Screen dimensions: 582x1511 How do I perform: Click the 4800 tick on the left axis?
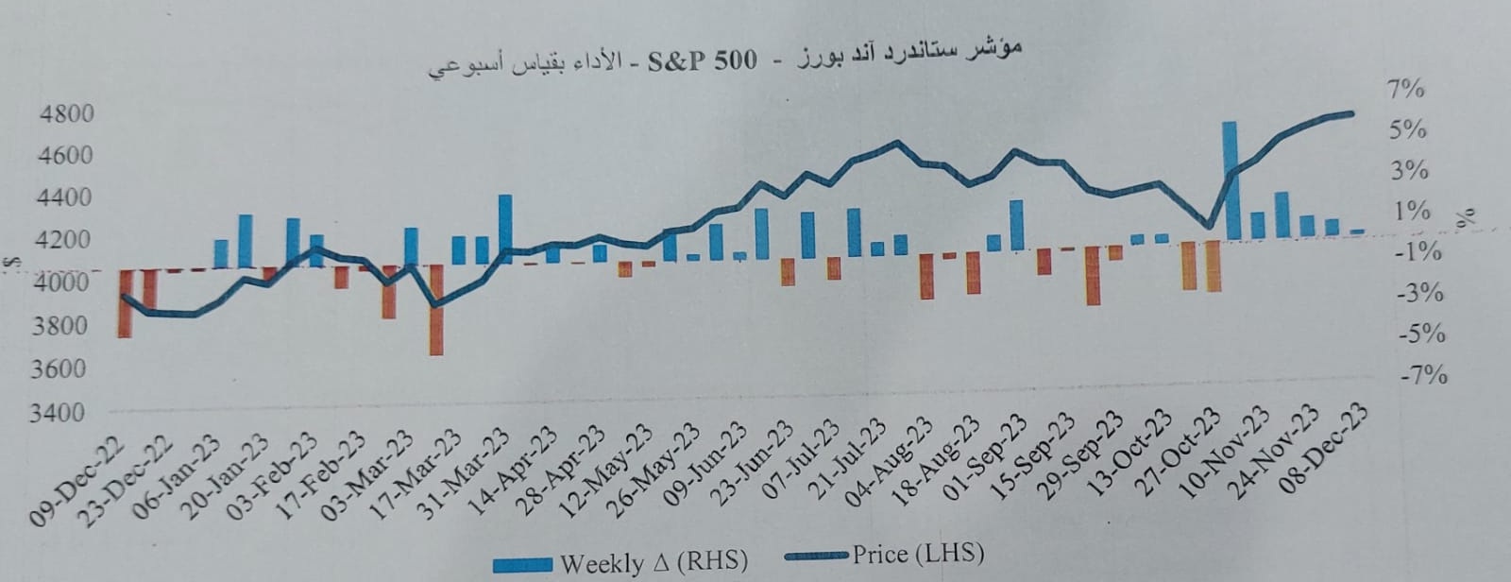pyautogui.click(x=69, y=114)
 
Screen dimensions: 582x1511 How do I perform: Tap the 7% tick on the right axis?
pyautogui.click(x=1405, y=90)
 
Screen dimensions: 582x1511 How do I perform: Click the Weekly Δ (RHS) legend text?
pyautogui.click(x=654, y=563)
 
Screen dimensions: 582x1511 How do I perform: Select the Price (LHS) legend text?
pyautogui.click(x=917, y=553)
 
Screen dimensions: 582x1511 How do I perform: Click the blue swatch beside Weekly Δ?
pyautogui.click(x=522, y=565)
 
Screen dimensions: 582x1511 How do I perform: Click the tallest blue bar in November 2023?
pyautogui.click(x=1229, y=180)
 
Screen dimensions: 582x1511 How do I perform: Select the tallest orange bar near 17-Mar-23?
pyautogui.click(x=435, y=310)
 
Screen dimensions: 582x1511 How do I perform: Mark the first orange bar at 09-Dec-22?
pyautogui.click(x=125, y=302)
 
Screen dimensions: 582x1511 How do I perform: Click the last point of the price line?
pyautogui.click(x=1351, y=113)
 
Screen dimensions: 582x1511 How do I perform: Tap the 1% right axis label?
pyautogui.click(x=1412, y=212)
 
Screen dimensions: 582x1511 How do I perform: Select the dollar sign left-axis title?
pyautogui.click(x=8, y=264)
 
